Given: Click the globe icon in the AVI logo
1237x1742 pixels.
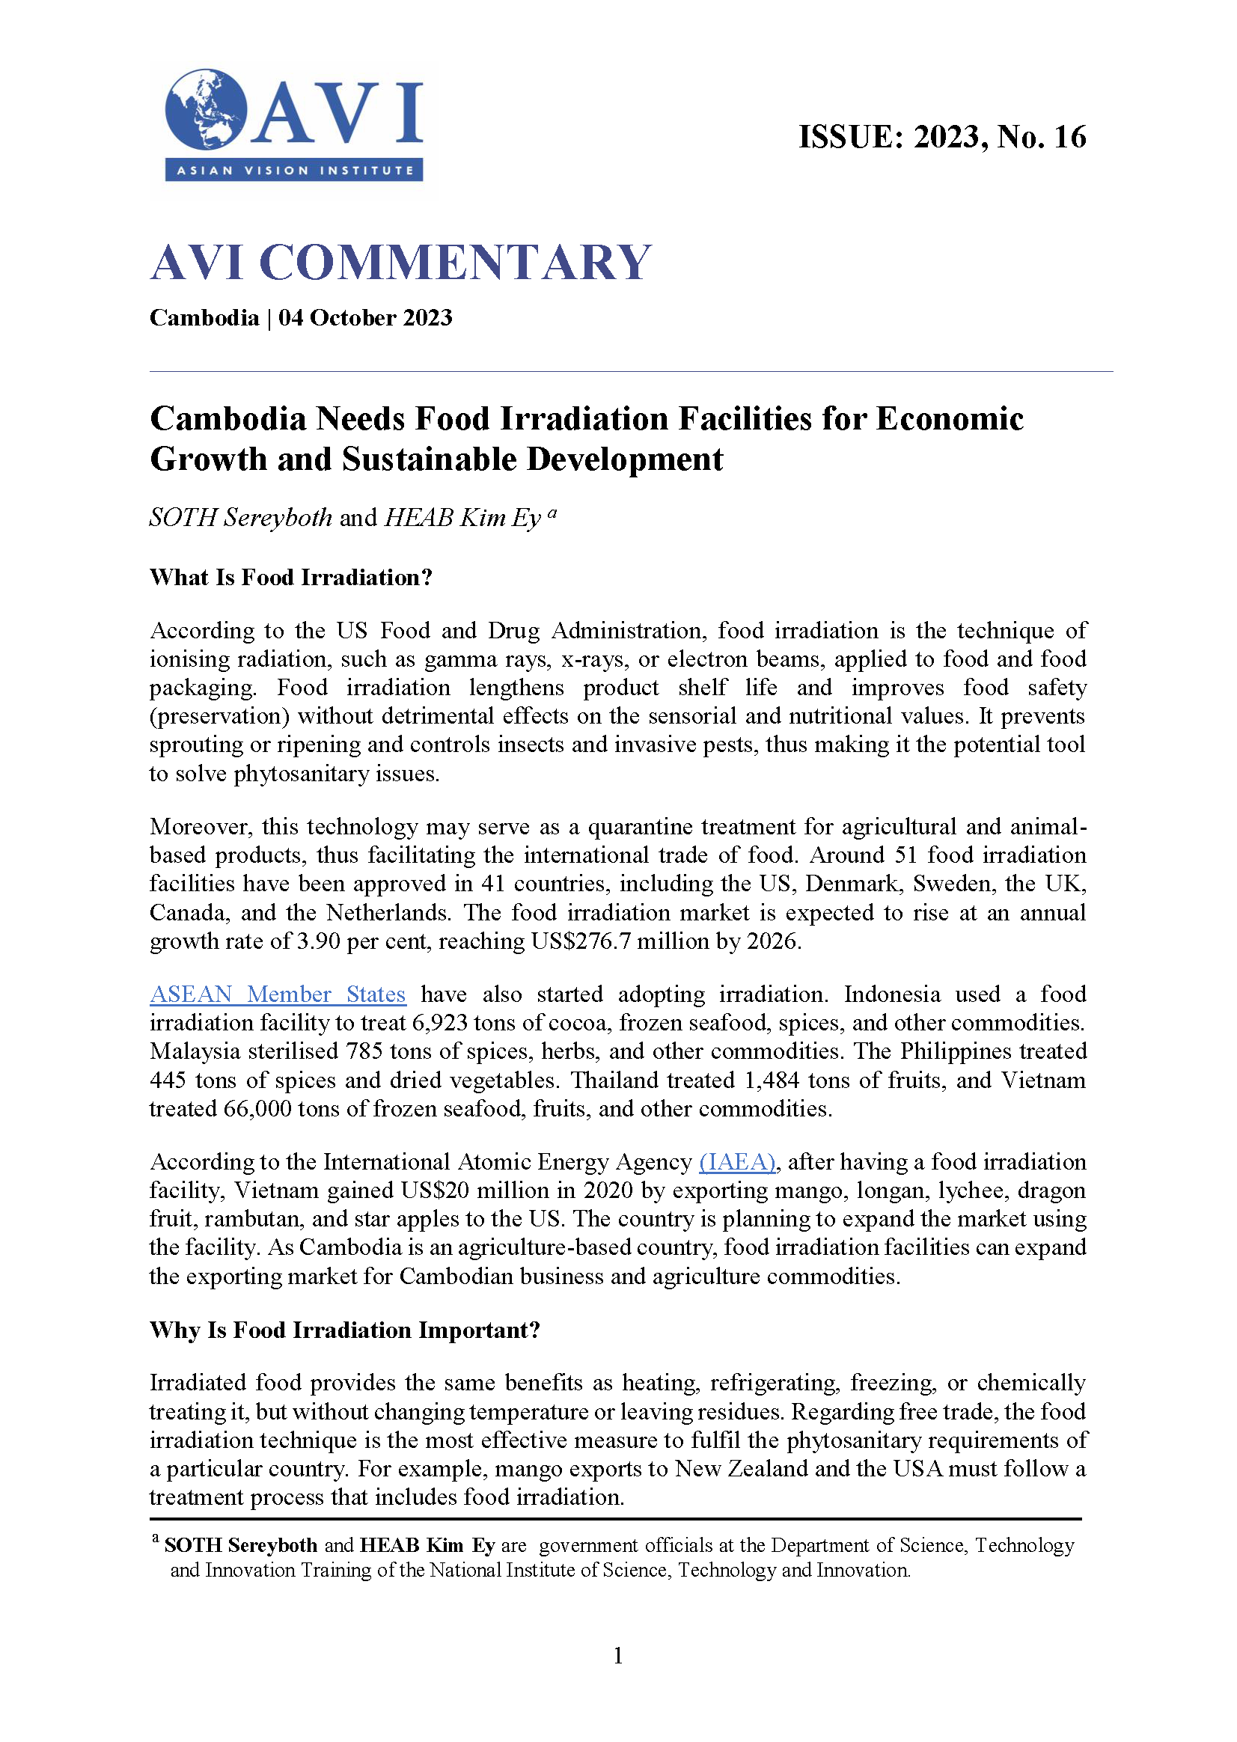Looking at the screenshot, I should (206, 109).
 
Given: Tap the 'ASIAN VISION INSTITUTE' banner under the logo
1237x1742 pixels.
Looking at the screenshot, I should (294, 170).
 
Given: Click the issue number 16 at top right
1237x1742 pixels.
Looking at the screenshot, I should (1069, 137).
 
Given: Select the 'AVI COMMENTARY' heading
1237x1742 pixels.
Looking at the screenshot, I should (400, 262).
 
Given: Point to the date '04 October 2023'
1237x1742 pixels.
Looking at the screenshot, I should (365, 317).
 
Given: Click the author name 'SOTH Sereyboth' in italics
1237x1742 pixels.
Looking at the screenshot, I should (241, 518).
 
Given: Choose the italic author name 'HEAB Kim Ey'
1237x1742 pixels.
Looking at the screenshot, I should (462, 518).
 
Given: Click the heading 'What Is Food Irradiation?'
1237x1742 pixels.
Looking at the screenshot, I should (291, 578).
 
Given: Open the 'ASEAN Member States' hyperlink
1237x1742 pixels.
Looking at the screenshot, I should (277, 994).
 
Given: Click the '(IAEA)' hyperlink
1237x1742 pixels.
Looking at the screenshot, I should (736, 1161).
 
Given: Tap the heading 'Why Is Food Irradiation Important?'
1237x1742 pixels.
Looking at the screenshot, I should (344, 1330).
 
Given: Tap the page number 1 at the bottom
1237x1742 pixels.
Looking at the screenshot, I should (617, 1655).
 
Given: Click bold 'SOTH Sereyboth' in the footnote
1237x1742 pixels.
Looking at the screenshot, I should (241, 1544).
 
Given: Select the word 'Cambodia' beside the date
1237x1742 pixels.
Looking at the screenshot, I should (204, 317).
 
